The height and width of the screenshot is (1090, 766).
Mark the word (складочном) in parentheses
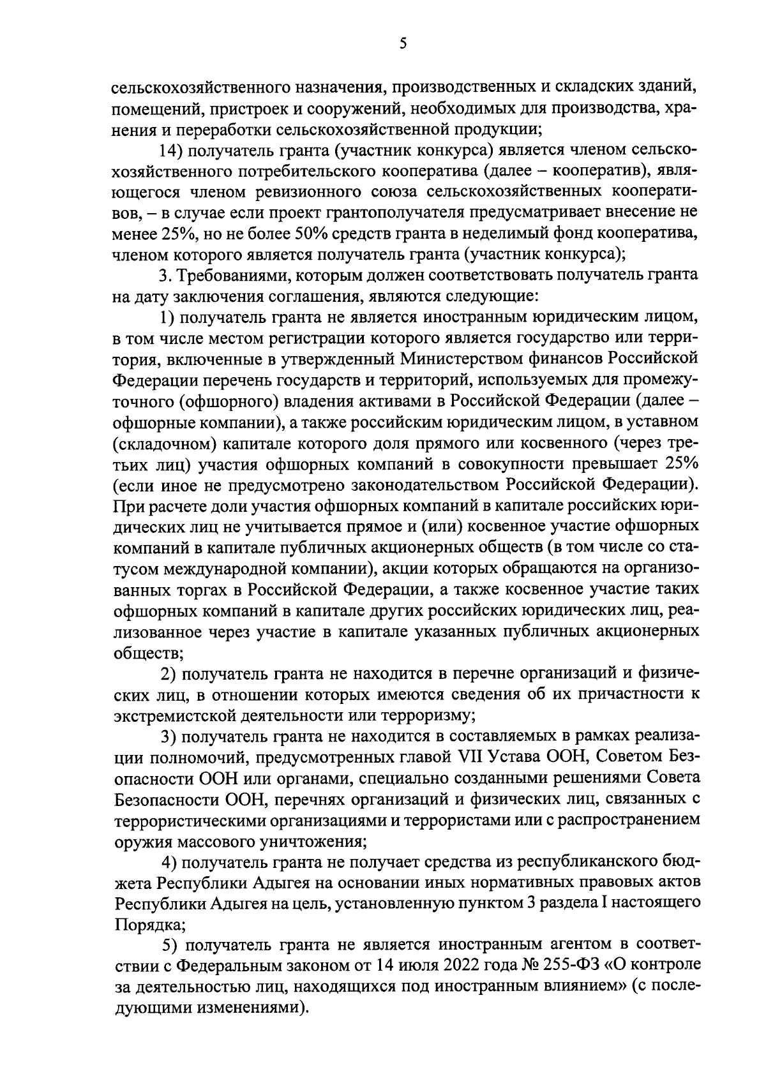pos(162,444)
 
